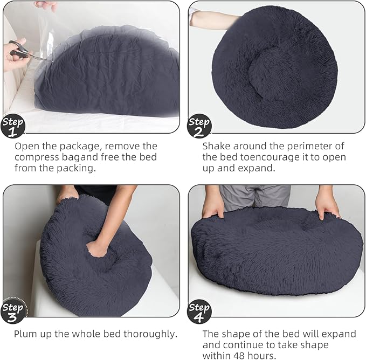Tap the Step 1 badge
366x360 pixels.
(13, 126)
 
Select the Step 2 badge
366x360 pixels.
(199, 126)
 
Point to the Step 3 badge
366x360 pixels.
(13, 310)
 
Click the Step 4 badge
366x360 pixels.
(199, 311)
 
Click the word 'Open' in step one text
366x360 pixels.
(27, 146)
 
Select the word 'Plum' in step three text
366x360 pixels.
(26, 334)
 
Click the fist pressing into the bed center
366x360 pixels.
(97, 248)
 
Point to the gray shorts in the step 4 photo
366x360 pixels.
(255, 197)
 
